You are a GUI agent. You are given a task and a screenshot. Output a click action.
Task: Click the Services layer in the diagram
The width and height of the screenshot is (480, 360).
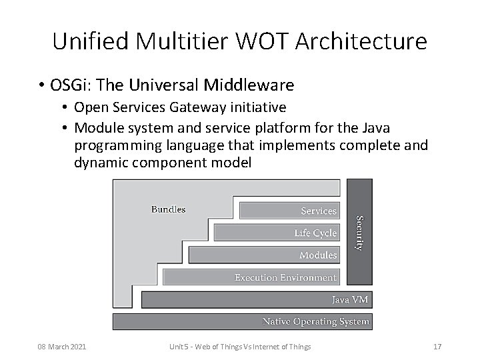tap(288, 211)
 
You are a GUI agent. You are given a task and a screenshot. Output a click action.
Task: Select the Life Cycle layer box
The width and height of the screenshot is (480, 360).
tap(276, 233)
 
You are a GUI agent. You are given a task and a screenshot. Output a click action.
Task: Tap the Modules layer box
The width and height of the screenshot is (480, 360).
tap(263, 255)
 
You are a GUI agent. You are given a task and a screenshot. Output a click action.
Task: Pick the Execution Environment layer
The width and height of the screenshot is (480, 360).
tap(251, 277)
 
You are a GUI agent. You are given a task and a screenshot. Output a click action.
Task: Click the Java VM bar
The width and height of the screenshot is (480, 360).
tap(255, 300)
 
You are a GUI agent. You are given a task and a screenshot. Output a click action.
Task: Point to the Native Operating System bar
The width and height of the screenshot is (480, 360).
tap(241, 322)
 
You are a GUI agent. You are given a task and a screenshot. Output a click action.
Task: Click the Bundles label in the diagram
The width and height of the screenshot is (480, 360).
tap(168, 209)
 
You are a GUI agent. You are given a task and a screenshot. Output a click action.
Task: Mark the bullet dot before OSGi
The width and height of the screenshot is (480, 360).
tap(42, 86)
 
